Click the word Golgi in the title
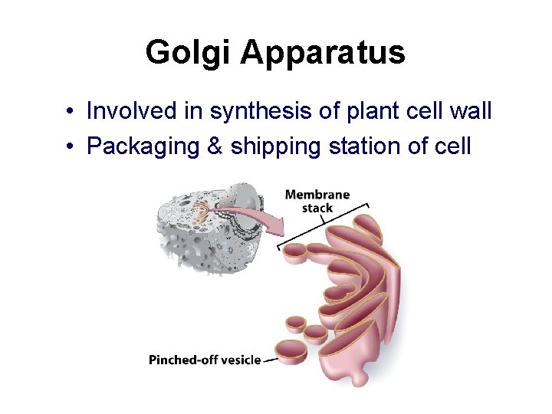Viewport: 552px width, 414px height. (x=187, y=53)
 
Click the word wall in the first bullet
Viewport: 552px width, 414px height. (x=470, y=112)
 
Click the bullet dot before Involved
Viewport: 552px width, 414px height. (x=70, y=113)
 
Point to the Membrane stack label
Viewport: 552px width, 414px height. (x=317, y=201)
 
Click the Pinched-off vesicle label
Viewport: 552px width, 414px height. (x=205, y=360)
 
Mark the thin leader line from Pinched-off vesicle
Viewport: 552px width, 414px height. (x=269, y=360)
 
